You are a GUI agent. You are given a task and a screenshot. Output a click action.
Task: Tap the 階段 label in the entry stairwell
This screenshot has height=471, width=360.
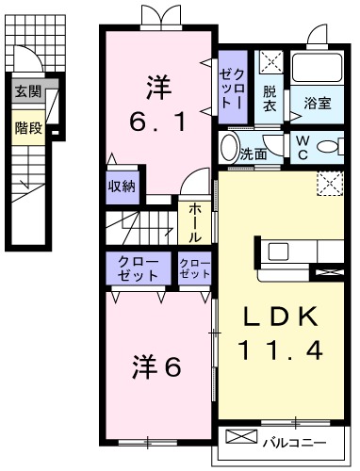pos(27,127)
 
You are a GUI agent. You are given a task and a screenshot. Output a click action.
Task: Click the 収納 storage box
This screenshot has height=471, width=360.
pos(122,186)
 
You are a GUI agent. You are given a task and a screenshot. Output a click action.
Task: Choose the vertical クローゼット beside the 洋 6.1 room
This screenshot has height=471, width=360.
pos(232,86)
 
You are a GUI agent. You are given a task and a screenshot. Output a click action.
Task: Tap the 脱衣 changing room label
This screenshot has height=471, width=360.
pos(270,98)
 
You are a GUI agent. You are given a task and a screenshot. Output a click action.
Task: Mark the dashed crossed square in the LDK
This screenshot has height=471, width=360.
pos(329,183)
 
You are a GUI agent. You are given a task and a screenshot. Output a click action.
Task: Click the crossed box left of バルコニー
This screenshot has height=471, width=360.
pos(240,439)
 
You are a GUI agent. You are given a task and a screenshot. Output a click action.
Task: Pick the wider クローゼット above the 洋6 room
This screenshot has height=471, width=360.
pos(139,268)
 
